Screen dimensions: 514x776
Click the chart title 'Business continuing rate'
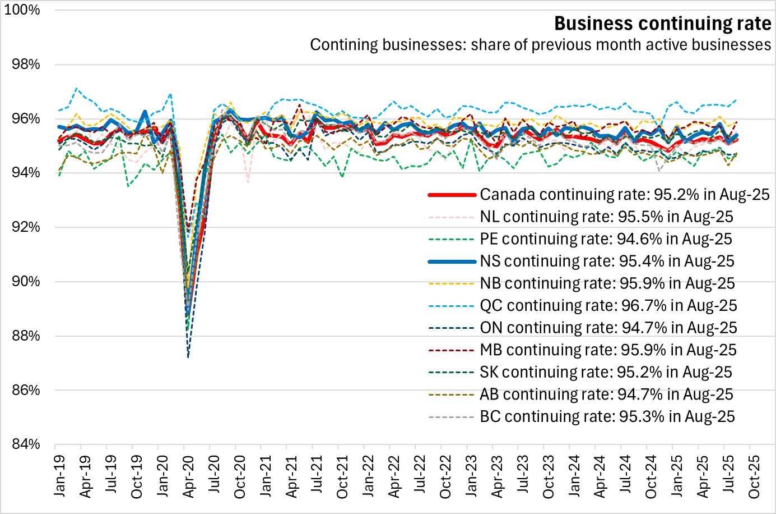pyautogui.click(x=662, y=24)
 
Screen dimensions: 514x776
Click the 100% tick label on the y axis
pyautogui.click(x=22, y=10)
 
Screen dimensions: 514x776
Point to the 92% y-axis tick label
pyautogui.click(x=26, y=227)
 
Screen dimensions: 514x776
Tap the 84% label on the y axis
pyautogui.click(x=26, y=444)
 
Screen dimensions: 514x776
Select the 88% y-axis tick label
pyautogui.click(x=26, y=336)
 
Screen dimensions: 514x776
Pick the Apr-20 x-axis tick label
pyautogui.click(x=188, y=476)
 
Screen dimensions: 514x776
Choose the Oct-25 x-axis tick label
pyautogui.click(x=754, y=476)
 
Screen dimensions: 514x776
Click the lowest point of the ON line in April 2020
pyautogui.click(x=188, y=357)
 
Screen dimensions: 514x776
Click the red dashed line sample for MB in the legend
pyautogui.click(x=452, y=351)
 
